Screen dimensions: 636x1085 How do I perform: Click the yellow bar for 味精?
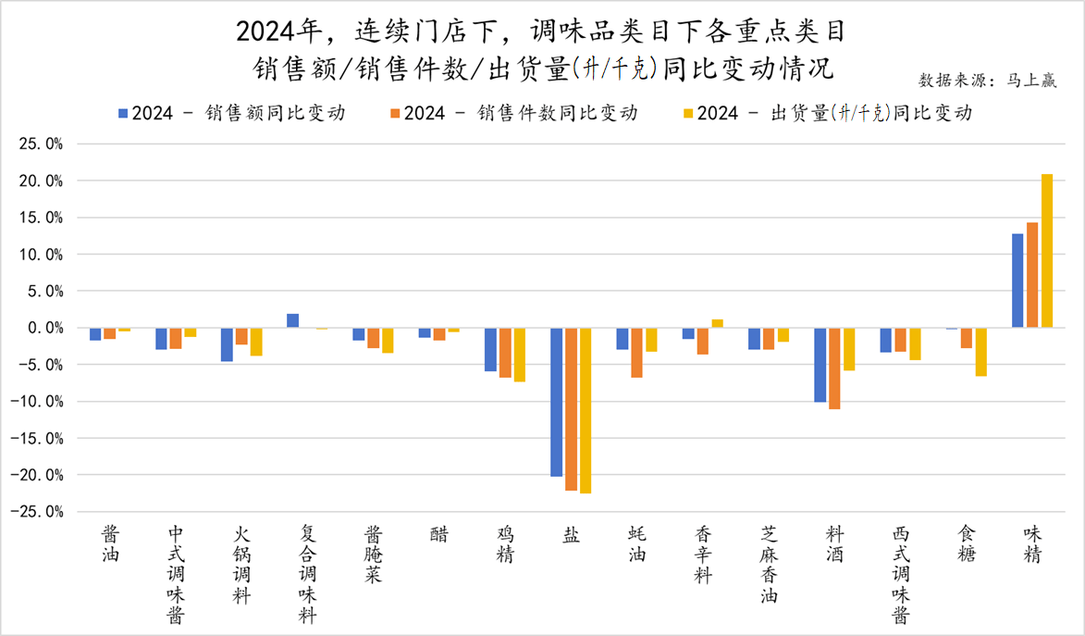pyautogui.click(x=1047, y=251)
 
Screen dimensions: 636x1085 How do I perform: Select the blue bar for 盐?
pyautogui.click(x=557, y=402)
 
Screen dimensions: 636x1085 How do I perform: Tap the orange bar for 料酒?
pyautogui.click(x=834, y=368)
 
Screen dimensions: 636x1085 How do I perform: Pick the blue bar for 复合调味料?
pyautogui.click(x=292, y=320)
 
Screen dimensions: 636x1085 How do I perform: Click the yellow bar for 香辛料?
pyautogui.click(x=717, y=323)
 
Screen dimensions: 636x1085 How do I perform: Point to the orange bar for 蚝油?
pyautogui.click(x=636, y=353)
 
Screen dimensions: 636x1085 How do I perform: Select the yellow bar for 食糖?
pyautogui.click(x=980, y=352)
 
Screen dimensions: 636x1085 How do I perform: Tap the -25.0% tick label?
pyautogui.click(x=39, y=511)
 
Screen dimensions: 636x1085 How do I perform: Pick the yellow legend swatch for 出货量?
pyautogui.click(x=687, y=114)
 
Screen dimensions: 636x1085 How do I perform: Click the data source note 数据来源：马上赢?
pyautogui.click(x=988, y=80)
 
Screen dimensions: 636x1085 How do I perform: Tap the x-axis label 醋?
pyautogui.click(x=440, y=535)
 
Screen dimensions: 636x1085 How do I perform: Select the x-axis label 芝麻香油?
pyautogui.click(x=769, y=565)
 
